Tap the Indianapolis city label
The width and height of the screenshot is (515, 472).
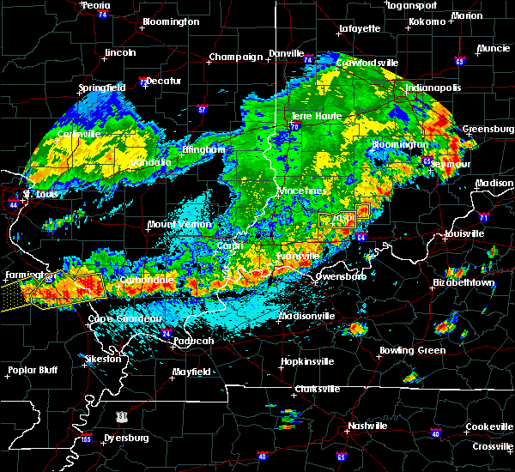coord(433,88)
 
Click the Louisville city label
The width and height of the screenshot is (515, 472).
coord(465,233)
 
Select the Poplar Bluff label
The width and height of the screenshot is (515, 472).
coord(31,371)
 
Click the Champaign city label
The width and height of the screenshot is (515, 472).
coord(234,57)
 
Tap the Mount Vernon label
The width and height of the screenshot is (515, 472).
coord(177,224)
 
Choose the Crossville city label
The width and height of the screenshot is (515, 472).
coord(492,447)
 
